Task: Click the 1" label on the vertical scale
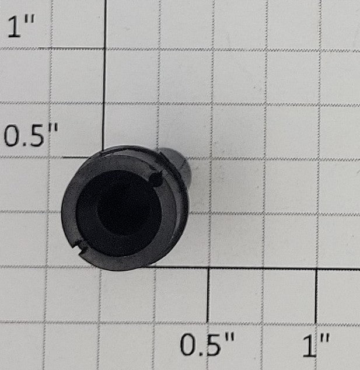21,26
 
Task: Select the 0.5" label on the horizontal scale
207,344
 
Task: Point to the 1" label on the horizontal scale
316,345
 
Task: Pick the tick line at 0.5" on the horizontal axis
208,295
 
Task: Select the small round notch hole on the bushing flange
156,179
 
